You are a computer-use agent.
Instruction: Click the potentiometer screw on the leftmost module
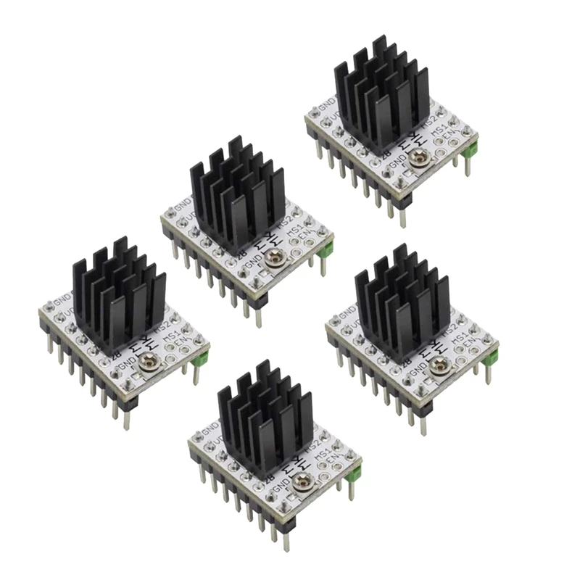[153, 358]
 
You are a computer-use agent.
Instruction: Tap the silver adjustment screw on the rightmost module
[437, 367]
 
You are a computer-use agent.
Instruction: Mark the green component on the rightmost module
[493, 356]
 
